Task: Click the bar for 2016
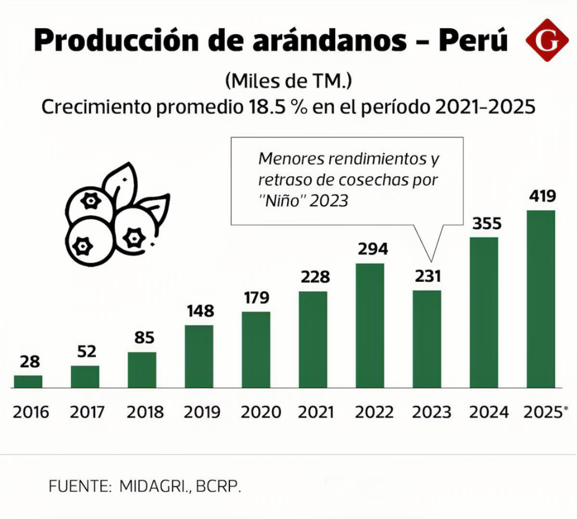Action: pyautogui.click(x=28, y=382)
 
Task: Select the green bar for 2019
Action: pyautogui.click(x=199, y=357)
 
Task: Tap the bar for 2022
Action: pyautogui.click(x=370, y=326)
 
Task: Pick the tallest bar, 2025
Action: pyautogui.click(x=541, y=299)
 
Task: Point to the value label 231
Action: pyautogui.click(x=427, y=276)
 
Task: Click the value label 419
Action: pyautogui.click(x=542, y=196)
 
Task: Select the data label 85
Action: pyautogui.click(x=144, y=337)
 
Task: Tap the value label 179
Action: pyautogui.click(x=256, y=297)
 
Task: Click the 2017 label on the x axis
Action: pyautogui.click(x=87, y=412)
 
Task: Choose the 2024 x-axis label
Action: pyautogui.click(x=489, y=412)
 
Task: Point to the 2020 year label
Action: pyautogui.click(x=261, y=412)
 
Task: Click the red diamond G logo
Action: pyautogui.click(x=547, y=40)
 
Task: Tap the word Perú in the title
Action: pyautogui.click(x=473, y=40)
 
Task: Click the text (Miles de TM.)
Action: pyautogui.click(x=288, y=81)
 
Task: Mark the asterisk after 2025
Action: pyautogui.click(x=565, y=408)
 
